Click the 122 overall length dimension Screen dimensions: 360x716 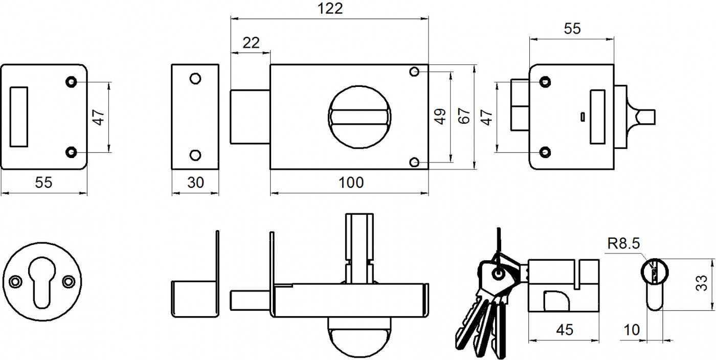tap(329, 9)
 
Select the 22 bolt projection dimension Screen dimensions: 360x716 tap(251, 43)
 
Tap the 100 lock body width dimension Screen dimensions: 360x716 tap(351, 183)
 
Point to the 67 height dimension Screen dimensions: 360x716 tap(464, 117)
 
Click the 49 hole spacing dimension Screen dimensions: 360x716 tap(440, 117)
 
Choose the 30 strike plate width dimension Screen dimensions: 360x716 tap(195, 183)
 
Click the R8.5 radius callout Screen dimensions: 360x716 tap(623, 244)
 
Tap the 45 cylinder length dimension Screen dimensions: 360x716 tap(564, 330)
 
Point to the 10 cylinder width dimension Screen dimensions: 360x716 tap(632, 330)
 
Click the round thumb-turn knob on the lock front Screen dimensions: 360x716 tap(359, 117)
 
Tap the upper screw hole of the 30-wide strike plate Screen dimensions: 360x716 tap(195, 79)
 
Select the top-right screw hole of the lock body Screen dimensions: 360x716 tap(415, 72)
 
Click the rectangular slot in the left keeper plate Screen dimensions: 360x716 tap(19, 117)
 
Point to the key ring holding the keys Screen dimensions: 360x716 tap(498, 273)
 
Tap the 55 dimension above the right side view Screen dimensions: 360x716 tap(572, 29)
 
